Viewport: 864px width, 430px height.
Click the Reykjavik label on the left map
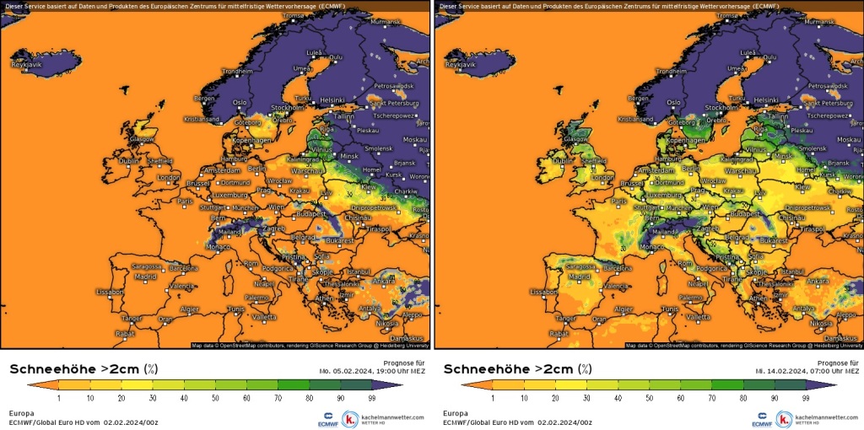[x=25, y=64]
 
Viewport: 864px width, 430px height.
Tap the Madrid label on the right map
[x=580, y=276]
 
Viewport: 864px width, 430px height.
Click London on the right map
[x=602, y=177]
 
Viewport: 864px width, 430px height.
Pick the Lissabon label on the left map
[x=110, y=292]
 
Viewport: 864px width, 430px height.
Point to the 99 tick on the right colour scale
[x=806, y=396]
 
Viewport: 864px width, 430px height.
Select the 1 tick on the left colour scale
[x=58, y=396]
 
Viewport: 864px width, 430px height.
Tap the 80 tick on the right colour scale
[x=742, y=396]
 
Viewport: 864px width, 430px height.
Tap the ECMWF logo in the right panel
[x=761, y=418]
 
